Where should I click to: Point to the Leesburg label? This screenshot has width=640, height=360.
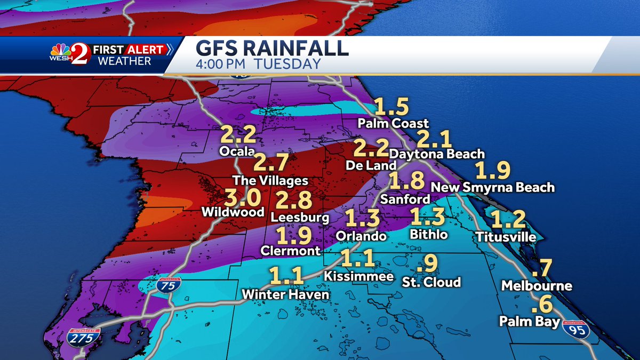300,218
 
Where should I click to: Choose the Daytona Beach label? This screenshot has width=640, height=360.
437,154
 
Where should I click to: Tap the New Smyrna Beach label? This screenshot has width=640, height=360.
492,187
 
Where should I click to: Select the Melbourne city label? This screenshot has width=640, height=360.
537,286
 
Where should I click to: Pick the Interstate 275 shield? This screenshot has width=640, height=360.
84,338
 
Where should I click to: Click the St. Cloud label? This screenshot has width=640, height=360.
431,282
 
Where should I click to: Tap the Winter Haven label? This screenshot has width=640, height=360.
285,294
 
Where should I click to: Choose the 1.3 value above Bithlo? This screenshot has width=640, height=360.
428,218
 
